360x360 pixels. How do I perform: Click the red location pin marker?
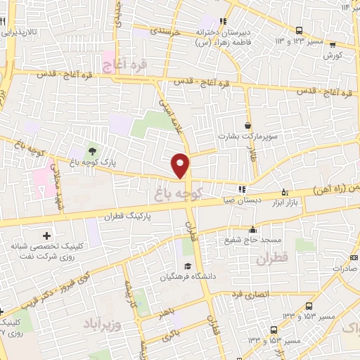181,165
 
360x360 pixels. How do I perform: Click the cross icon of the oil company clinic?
47,236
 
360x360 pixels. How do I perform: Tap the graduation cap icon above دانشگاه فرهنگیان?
188,266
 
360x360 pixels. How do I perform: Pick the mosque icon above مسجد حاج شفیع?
252,229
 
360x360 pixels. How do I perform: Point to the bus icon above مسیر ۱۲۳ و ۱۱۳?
299,31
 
